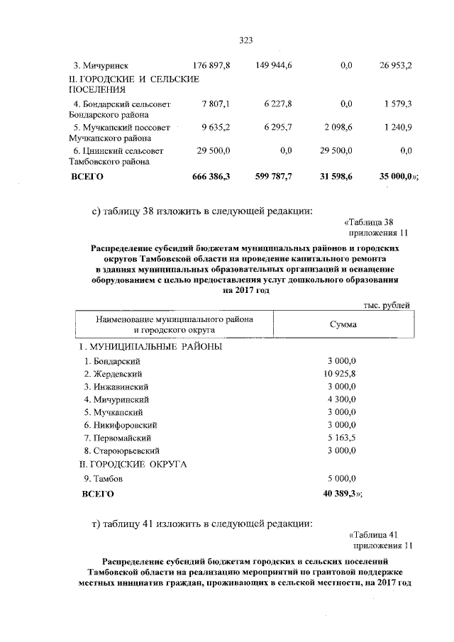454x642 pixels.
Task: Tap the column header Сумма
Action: pyautogui.click(x=343, y=324)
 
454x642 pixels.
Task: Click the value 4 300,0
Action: pyautogui.click(x=343, y=399)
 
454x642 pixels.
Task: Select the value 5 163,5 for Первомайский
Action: pyautogui.click(x=343, y=438)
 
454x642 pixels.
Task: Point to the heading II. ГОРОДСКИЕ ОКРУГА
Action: pyautogui.click(x=132, y=464)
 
